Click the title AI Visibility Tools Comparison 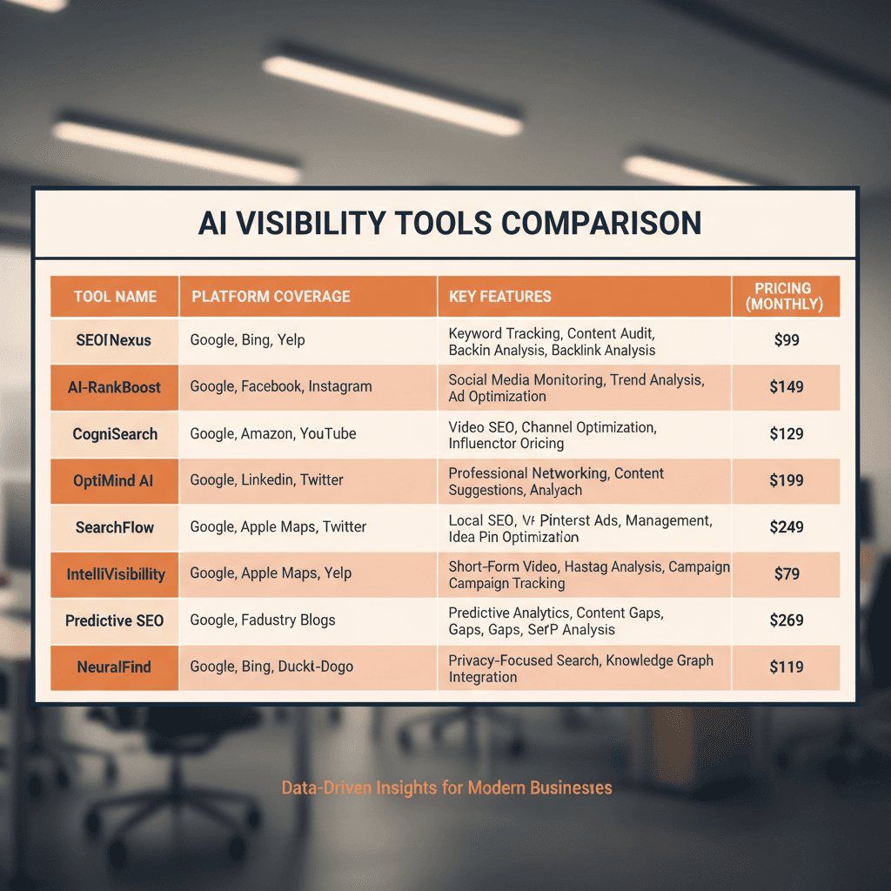pyautogui.click(x=449, y=224)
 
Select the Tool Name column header pyautogui.click(x=115, y=297)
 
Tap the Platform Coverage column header pyautogui.click(x=271, y=297)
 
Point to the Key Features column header pyautogui.click(x=500, y=297)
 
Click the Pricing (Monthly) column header pyautogui.click(x=783, y=296)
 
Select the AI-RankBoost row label pyautogui.click(x=114, y=387)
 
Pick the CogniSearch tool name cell pyautogui.click(x=114, y=433)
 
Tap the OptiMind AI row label pyautogui.click(x=114, y=480)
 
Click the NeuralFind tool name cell pyautogui.click(x=114, y=667)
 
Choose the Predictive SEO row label pyautogui.click(x=114, y=620)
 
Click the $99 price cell pyautogui.click(x=786, y=340)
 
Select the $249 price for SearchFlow pyautogui.click(x=786, y=526)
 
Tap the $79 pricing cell pyautogui.click(x=786, y=573)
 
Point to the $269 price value pyautogui.click(x=786, y=620)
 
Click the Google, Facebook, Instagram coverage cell pyautogui.click(x=281, y=387)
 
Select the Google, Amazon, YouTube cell pyautogui.click(x=273, y=433)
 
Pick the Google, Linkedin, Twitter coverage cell pyautogui.click(x=266, y=480)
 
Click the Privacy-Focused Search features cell pyautogui.click(x=580, y=668)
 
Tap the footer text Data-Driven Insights pyautogui.click(x=446, y=788)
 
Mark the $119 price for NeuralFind pyautogui.click(x=786, y=667)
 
